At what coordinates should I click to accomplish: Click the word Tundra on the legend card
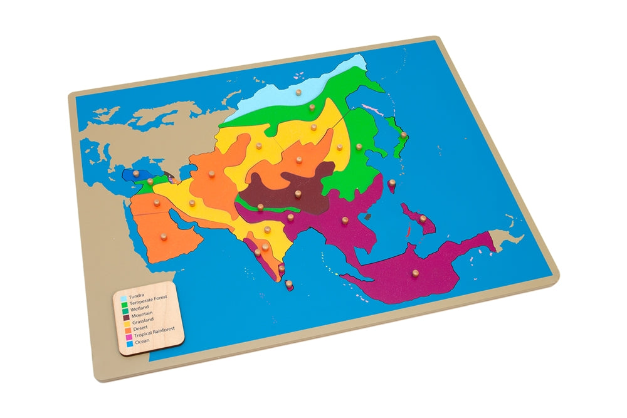(x=137, y=296)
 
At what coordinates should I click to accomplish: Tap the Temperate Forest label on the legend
(x=149, y=303)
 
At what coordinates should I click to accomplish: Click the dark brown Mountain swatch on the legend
(x=125, y=316)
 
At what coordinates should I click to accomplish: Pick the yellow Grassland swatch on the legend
(x=127, y=323)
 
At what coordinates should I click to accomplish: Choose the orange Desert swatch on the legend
(x=128, y=330)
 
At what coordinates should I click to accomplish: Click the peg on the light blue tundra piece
(x=298, y=95)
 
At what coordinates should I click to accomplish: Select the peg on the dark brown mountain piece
(x=298, y=194)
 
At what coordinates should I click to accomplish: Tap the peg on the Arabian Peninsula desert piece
(x=164, y=236)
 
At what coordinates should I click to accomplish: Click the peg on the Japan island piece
(x=404, y=134)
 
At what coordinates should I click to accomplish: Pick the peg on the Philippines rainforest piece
(x=423, y=219)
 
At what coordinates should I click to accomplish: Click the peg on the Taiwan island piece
(x=392, y=184)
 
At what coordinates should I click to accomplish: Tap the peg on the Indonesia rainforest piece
(x=414, y=273)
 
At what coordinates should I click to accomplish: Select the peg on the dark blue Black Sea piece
(x=134, y=181)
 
